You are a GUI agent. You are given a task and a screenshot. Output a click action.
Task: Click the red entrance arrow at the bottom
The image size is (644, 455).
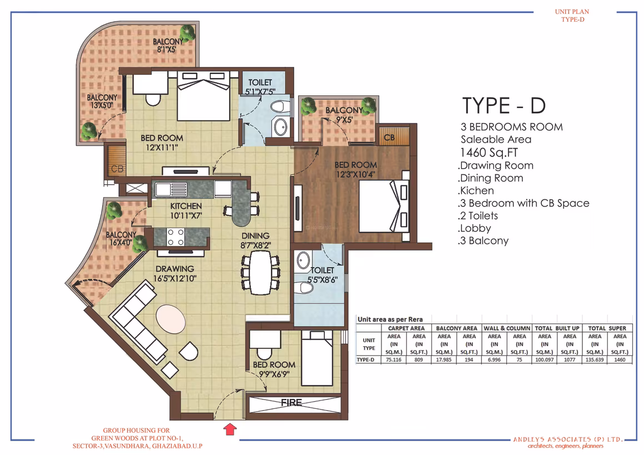click(x=230, y=429)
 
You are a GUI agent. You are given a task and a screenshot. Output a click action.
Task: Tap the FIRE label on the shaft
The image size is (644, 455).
click(x=291, y=403)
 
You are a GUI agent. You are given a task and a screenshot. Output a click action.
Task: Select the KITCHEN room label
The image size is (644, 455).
click(x=186, y=206)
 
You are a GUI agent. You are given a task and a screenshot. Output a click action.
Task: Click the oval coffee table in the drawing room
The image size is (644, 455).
click(x=170, y=319)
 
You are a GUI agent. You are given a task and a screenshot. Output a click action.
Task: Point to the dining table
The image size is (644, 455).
click(x=260, y=272)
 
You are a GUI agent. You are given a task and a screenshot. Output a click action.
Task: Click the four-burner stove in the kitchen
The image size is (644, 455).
click(x=175, y=237)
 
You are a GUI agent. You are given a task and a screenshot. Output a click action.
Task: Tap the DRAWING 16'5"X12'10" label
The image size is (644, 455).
click(x=175, y=274)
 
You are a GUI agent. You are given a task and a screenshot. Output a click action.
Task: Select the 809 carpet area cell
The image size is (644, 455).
click(x=419, y=360)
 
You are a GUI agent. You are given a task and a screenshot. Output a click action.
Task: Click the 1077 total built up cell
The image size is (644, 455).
click(x=569, y=360)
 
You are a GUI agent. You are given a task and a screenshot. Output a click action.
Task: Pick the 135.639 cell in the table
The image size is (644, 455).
click(x=594, y=360)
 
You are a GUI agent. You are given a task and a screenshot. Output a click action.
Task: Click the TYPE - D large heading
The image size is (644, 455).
click(x=504, y=105)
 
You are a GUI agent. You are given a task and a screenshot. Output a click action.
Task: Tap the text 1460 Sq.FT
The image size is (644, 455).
click(x=489, y=153)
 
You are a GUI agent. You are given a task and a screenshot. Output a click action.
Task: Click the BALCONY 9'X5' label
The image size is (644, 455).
click(x=344, y=115)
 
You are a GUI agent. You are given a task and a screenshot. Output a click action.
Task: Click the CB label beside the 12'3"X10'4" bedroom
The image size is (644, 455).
click(x=389, y=137)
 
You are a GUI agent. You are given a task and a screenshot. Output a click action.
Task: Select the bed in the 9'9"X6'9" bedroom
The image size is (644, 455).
click(x=317, y=358)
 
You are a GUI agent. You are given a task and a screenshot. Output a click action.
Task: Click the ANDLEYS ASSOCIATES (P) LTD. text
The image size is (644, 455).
click(x=568, y=439)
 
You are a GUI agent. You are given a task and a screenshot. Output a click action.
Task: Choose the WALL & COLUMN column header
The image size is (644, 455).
click(x=507, y=328)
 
